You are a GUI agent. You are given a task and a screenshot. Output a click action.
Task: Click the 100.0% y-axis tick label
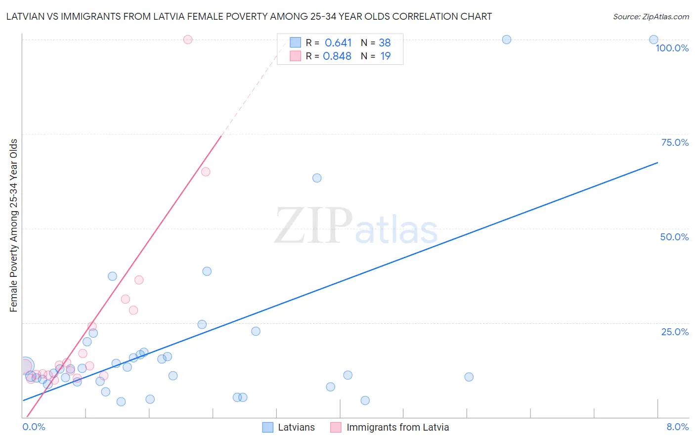[x=672, y=48]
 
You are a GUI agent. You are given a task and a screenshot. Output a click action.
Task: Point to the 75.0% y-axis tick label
[x=675, y=142]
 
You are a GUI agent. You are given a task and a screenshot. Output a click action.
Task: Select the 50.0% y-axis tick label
[x=674, y=237]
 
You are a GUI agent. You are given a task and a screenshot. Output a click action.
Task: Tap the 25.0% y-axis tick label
[x=675, y=331]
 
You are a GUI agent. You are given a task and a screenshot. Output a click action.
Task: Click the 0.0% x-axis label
[x=34, y=427]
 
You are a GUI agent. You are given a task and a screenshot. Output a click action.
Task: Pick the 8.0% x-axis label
[x=677, y=427]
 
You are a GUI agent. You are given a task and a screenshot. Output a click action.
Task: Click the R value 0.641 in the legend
[x=338, y=43]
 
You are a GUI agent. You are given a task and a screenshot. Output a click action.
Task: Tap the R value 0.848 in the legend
[x=337, y=56]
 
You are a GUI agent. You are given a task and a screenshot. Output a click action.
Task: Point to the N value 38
[x=385, y=43]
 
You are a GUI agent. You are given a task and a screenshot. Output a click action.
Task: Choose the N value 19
[x=385, y=56]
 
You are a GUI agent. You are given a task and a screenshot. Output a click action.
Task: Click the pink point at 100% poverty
[x=188, y=40]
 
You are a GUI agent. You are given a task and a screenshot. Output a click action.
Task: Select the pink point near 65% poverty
[x=206, y=172]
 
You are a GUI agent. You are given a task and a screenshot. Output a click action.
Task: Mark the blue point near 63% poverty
[x=317, y=178]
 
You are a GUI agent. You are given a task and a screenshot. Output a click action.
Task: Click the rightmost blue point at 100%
[x=653, y=40]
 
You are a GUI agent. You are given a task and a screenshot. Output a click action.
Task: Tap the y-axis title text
[x=14, y=225]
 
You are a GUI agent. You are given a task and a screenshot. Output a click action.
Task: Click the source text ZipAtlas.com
[x=651, y=16]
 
